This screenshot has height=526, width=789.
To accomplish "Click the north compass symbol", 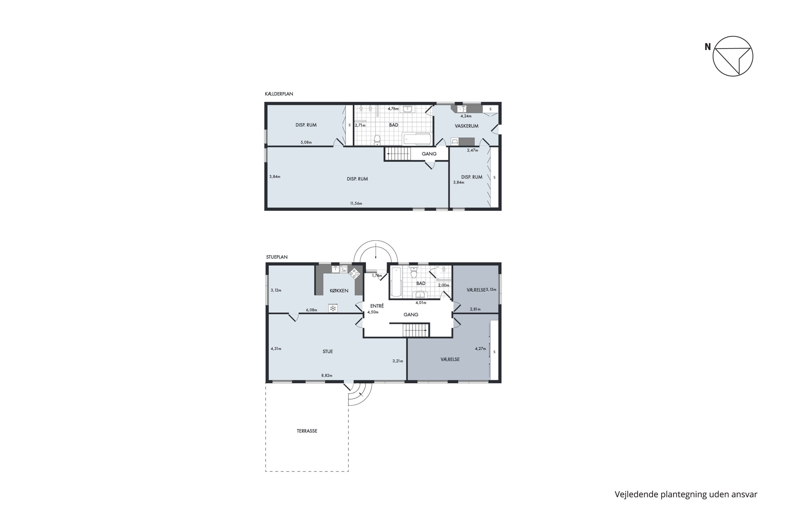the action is click(x=733, y=56).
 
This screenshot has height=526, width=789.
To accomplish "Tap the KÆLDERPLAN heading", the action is click(x=279, y=94).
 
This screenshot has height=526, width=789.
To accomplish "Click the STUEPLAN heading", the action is click(x=277, y=257).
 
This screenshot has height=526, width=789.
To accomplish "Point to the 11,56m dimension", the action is click(x=356, y=203).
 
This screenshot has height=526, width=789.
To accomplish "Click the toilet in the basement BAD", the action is click(x=377, y=140).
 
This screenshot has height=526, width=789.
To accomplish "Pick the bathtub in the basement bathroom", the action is click(x=417, y=139).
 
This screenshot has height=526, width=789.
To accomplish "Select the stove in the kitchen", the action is click(x=354, y=274).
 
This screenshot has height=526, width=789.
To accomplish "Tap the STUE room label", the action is click(x=328, y=352).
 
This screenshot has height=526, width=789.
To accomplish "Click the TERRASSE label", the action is click(x=307, y=431).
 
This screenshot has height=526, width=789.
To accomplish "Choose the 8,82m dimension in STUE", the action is click(x=327, y=375).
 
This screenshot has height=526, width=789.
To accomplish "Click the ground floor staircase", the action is click(x=416, y=330).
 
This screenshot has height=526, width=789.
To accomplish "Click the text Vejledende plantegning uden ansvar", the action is click(x=686, y=494).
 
